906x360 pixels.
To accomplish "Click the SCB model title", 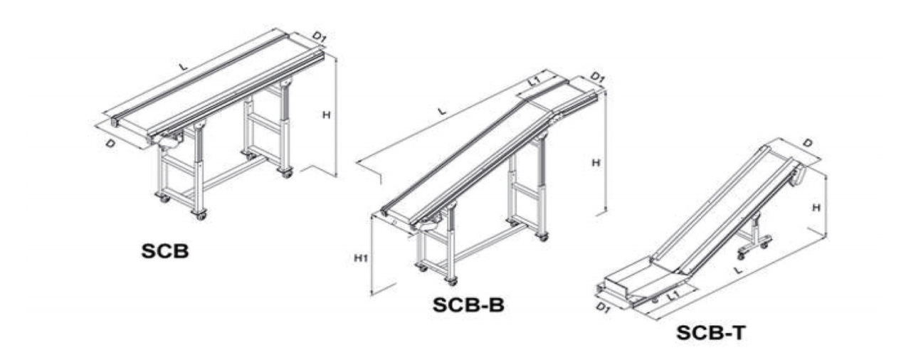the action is pos(164,250).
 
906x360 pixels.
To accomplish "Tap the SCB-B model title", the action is pos(468,305).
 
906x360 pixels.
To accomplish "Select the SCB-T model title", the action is pos(711,333).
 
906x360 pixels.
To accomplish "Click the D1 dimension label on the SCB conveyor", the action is pos(319,38).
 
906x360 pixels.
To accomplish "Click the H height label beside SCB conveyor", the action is pos(327,115).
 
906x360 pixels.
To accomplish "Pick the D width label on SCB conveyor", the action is pos(110,143).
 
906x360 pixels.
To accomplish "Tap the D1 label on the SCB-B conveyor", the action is pos(597,78).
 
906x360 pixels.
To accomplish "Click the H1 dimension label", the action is pos(361,258).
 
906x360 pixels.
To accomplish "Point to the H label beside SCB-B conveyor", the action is pos(596,163).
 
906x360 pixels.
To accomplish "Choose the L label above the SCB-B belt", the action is pos(442,111).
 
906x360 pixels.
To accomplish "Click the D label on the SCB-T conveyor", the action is pos(807,143).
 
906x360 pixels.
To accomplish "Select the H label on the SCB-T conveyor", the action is pos(816,208).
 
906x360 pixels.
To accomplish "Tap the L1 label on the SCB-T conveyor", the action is pos(673,295).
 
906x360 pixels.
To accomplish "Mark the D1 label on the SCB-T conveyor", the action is pos(603,308).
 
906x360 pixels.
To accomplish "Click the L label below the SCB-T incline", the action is pos(739,270).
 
